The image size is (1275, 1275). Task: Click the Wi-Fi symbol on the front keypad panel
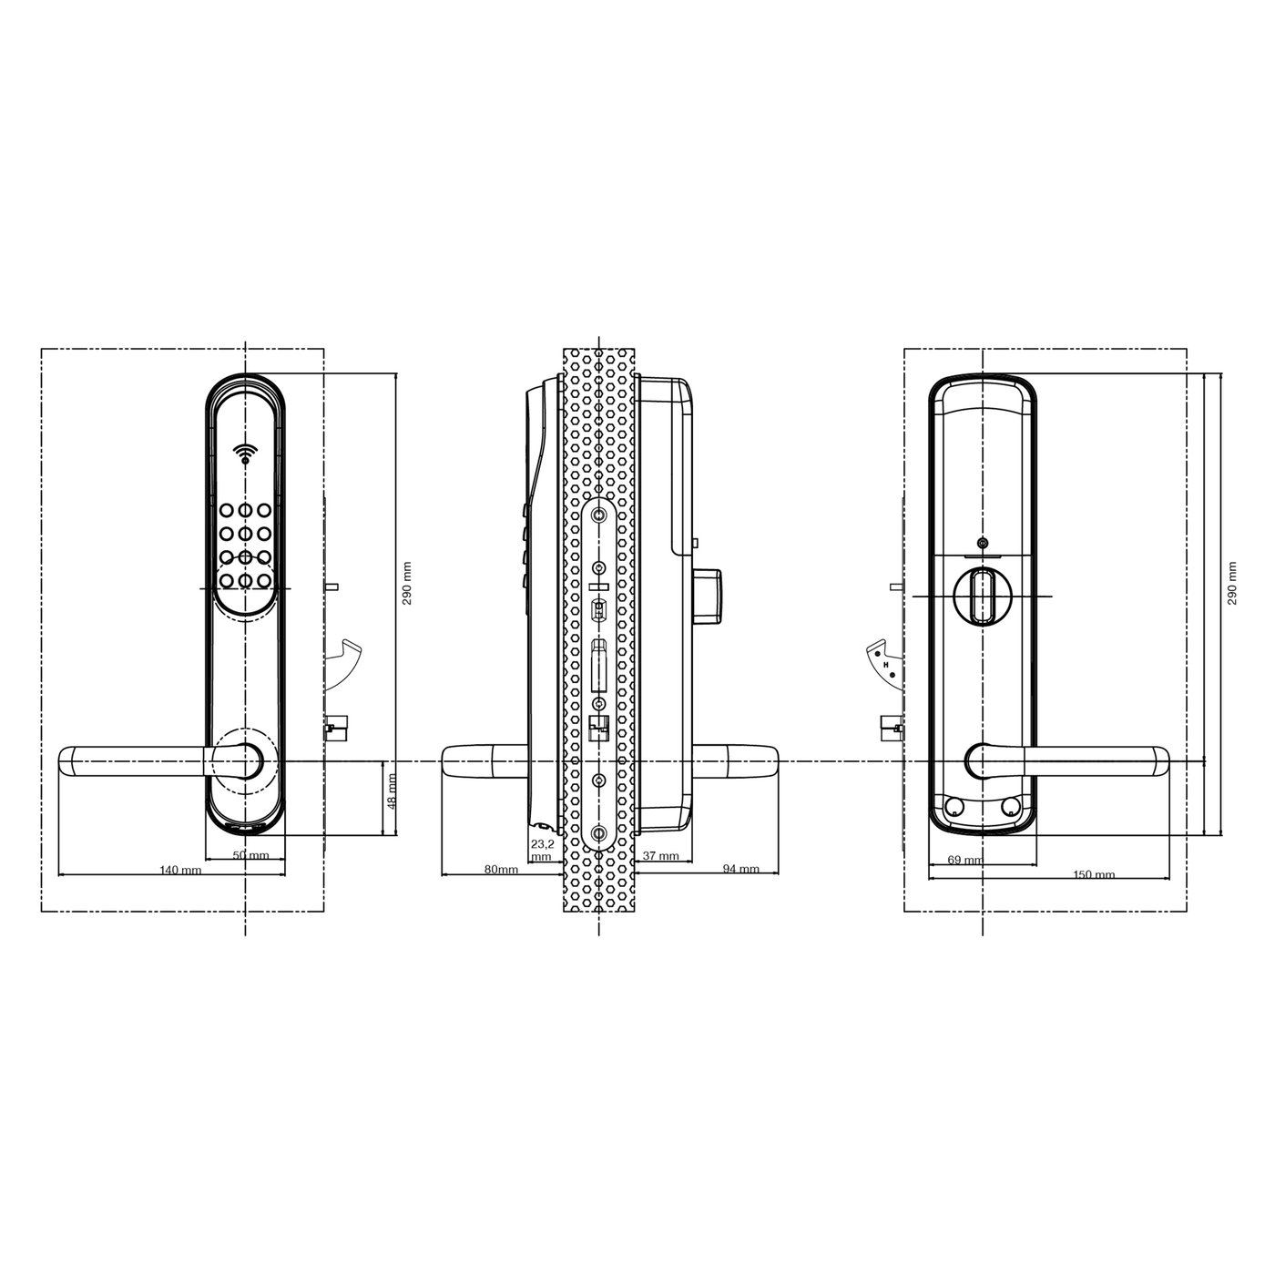[244, 453]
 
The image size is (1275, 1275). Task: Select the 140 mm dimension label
[179, 870]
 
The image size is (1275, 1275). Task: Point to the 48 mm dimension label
[393, 790]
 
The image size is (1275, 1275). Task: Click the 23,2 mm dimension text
[542, 851]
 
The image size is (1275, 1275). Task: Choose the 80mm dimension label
[501, 870]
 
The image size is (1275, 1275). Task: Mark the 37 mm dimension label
[661, 856]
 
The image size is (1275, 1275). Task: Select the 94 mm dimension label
[740, 870]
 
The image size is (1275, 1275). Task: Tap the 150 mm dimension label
[1093, 875]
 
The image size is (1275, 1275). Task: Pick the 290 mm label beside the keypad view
[407, 583]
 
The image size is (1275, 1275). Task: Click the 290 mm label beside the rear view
[1232, 583]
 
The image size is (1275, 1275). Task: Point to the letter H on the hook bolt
[884, 664]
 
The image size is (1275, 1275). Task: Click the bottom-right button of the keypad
[264, 579]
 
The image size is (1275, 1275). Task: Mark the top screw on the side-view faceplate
[598, 515]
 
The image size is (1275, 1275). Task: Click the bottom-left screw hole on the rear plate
[953, 806]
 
